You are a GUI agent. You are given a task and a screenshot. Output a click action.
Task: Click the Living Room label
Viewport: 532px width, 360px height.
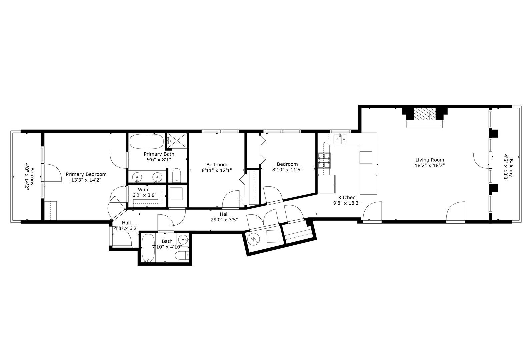[430, 160]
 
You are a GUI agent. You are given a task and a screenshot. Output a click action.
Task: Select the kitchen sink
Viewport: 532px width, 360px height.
[340, 139]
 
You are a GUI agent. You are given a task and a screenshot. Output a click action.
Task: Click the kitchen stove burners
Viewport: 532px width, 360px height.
[324, 160]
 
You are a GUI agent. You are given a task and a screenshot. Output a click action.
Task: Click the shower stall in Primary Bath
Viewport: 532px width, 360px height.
[177, 141]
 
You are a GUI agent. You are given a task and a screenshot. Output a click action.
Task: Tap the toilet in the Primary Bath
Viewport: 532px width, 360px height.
[176, 175]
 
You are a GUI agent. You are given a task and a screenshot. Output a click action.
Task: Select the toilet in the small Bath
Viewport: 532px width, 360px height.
[182, 256]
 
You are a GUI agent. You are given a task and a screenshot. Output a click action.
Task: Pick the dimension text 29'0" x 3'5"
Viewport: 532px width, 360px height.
[224, 220]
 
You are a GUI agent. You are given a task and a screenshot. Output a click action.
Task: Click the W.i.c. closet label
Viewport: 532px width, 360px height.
[145, 190]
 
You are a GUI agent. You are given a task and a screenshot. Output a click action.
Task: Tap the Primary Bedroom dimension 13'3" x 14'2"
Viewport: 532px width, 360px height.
[86, 180]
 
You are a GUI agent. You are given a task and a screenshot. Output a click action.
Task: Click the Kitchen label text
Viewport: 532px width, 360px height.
[347, 197]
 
